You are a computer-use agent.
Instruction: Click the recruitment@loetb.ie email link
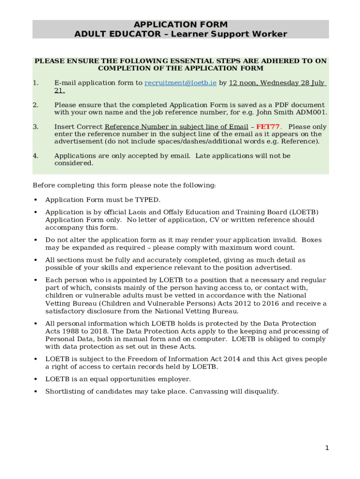180,83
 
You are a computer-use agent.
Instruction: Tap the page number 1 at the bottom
327,448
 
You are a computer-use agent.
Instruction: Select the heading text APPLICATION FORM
180,24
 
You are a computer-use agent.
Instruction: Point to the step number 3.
36,127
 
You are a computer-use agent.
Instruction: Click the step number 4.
36,156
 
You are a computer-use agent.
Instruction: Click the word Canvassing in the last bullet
209,392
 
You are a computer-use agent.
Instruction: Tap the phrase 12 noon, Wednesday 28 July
276,83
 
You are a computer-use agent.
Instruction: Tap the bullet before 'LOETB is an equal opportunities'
36,379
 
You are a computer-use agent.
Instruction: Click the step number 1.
36,83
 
